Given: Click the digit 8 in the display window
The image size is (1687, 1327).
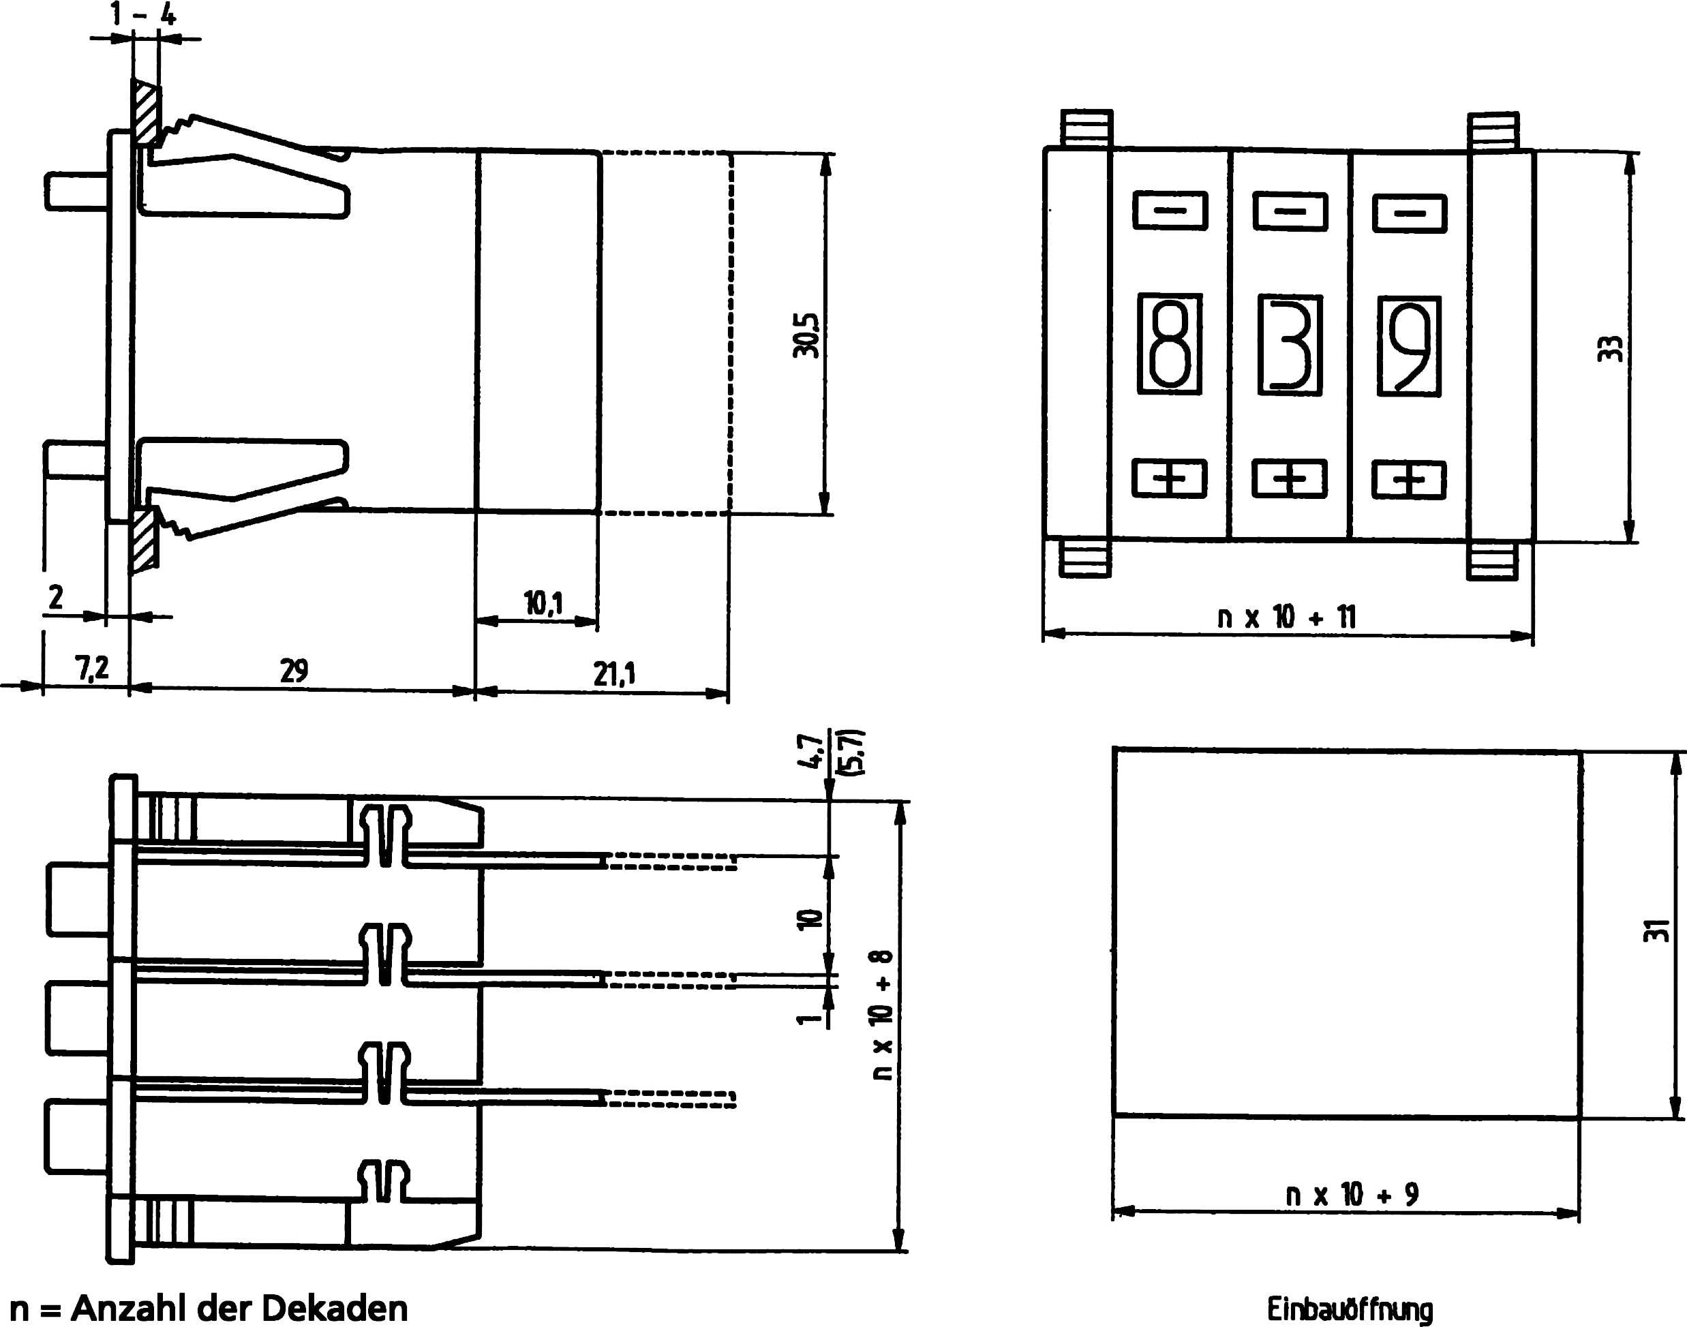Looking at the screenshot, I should click(x=1170, y=344).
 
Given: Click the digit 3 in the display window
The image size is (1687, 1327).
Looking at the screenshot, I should click(x=1290, y=344).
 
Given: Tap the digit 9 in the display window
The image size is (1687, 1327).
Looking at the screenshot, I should click(x=1410, y=345).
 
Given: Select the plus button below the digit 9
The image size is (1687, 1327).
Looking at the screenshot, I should click(x=1409, y=478).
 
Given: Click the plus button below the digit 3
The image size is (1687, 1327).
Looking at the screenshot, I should click(x=1290, y=478).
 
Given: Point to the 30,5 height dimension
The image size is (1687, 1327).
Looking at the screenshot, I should click(x=806, y=335).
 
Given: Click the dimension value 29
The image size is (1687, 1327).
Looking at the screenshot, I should click(x=294, y=670).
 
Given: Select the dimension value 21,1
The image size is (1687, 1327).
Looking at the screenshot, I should click(x=614, y=673).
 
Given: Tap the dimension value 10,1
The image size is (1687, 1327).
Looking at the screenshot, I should click(x=544, y=604).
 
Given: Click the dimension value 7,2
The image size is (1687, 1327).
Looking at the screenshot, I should click(x=93, y=668).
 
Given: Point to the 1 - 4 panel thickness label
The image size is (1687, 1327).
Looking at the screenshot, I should click(x=143, y=15).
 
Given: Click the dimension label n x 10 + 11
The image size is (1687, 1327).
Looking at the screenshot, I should click(x=1286, y=617).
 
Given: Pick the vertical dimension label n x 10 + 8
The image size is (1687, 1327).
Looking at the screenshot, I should click(x=883, y=1015).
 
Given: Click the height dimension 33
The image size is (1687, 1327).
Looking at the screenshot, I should click(x=1611, y=348).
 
